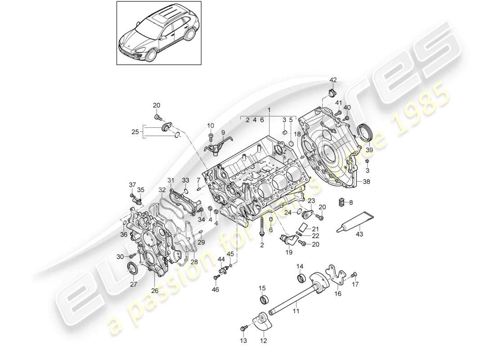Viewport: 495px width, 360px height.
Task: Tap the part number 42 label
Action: point(333,81)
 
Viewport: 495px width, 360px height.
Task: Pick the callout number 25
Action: point(135,132)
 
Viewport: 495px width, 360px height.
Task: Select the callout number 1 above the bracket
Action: point(269,110)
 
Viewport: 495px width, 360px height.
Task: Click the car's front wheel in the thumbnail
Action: point(151,56)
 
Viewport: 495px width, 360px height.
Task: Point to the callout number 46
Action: point(216,290)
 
